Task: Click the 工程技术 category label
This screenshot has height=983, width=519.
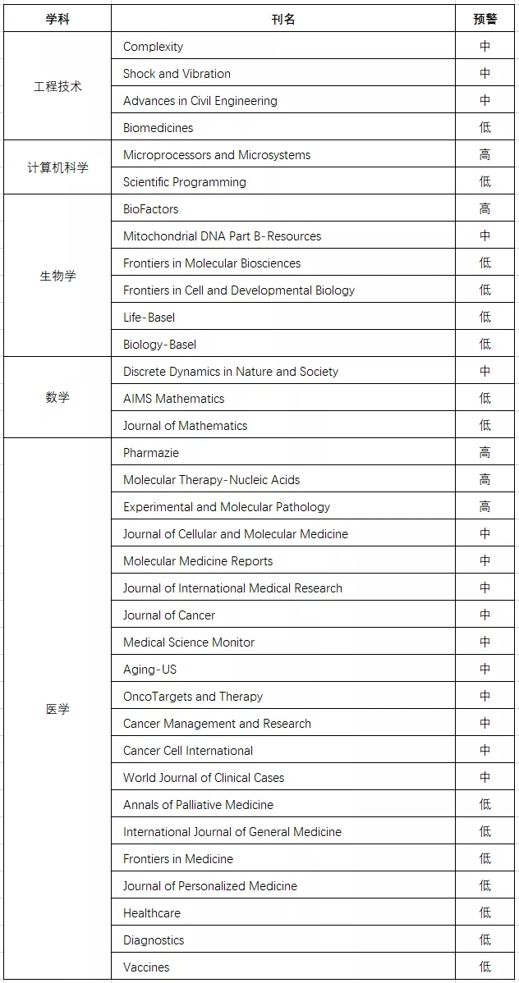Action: pyautogui.click(x=57, y=87)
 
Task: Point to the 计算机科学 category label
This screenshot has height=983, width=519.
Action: pyautogui.click(x=57, y=168)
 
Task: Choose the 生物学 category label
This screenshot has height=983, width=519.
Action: pyautogui.click(x=57, y=277)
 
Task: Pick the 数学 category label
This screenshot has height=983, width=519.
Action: pyautogui.click(x=57, y=398)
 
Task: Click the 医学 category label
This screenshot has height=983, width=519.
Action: pyautogui.click(x=57, y=710)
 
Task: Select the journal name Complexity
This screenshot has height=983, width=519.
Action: pyautogui.click(x=154, y=47)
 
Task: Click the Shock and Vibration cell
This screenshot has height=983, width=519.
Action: pyautogui.click(x=177, y=74)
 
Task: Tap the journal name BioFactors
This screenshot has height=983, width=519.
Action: pyautogui.click(x=151, y=209)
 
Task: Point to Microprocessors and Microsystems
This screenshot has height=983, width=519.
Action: pyautogui.click(x=217, y=155)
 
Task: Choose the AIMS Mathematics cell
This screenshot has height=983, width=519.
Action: pyautogui.click(x=173, y=399)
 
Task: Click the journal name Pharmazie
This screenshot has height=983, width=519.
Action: pyautogui.click(x=151, y=453)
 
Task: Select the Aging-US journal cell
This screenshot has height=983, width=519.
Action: pyautogui.click(x=149, y=670)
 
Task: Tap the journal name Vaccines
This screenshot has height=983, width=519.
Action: pyautogui.click(x=146, y=967)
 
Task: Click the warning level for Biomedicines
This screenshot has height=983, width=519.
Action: pyautogui.click(x=485, y=128)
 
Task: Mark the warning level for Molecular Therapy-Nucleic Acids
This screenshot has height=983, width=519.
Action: pyautogui.click(x=485, y=480)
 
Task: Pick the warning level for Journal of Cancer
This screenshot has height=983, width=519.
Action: pyautogui.click(x=485, y=615)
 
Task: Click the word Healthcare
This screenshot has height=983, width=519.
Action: pyautogui.click(x=152, y=913)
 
